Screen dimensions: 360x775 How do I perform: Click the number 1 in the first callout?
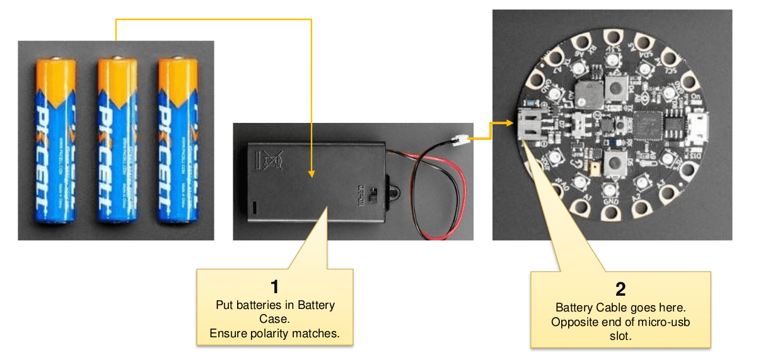tap(274, 287)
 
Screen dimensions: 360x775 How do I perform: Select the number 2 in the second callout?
tap(621, 289)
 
